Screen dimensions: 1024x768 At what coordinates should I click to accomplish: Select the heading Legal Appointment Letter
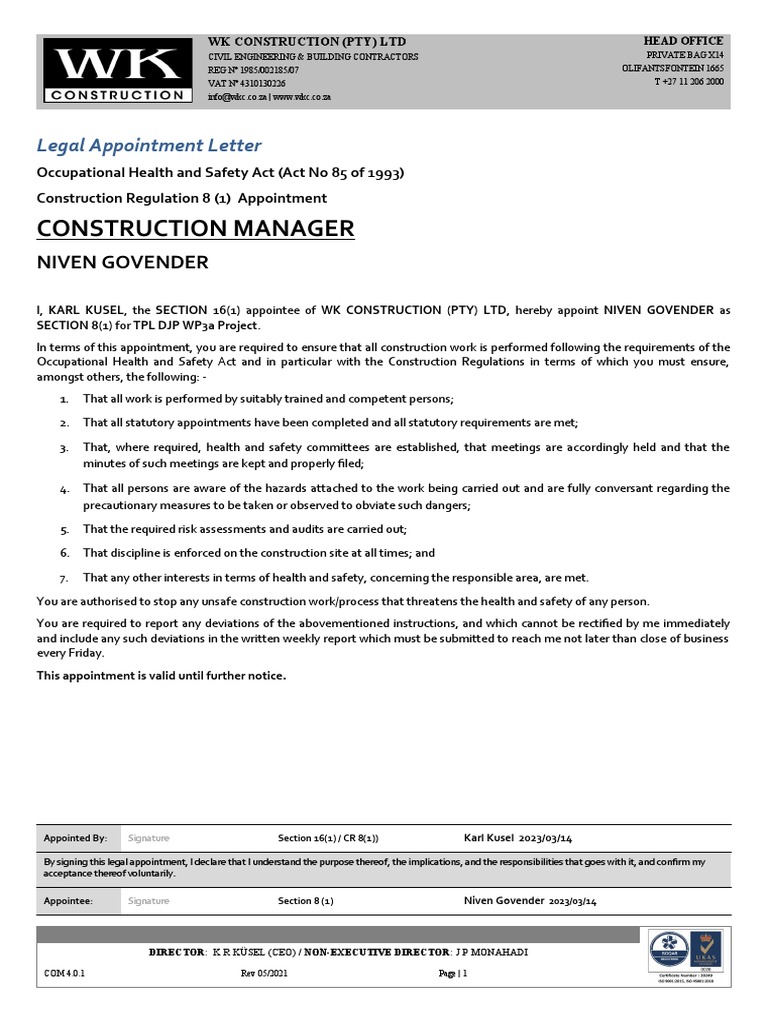(149, 146)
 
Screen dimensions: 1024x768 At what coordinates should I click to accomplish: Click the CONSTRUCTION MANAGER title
(195, 228)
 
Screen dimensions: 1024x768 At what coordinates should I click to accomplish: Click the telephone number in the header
(689, 82)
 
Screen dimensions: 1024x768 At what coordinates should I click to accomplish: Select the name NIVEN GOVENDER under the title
(123, 263)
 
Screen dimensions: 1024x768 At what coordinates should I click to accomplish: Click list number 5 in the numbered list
(64, 529)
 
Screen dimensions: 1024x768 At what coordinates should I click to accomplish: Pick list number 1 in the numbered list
(64, 399)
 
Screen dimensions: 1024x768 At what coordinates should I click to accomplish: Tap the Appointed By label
(75, 838)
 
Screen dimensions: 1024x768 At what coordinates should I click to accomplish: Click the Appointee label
(69, 901)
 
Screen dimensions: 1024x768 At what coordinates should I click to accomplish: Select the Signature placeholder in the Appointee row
(149, 901)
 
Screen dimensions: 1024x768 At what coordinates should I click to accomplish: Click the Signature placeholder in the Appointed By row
(149, 838)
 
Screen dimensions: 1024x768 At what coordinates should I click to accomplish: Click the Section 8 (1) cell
(306, 901)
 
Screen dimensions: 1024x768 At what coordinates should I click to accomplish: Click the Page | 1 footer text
(453, 972)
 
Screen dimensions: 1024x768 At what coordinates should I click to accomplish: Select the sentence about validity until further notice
(161, 676)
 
